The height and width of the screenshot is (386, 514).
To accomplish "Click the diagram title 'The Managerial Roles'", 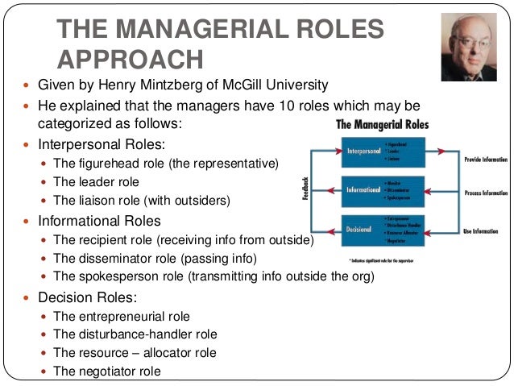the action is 382,126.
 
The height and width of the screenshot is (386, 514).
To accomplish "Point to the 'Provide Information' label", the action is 486,159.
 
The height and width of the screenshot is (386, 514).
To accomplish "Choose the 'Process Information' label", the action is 486,193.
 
